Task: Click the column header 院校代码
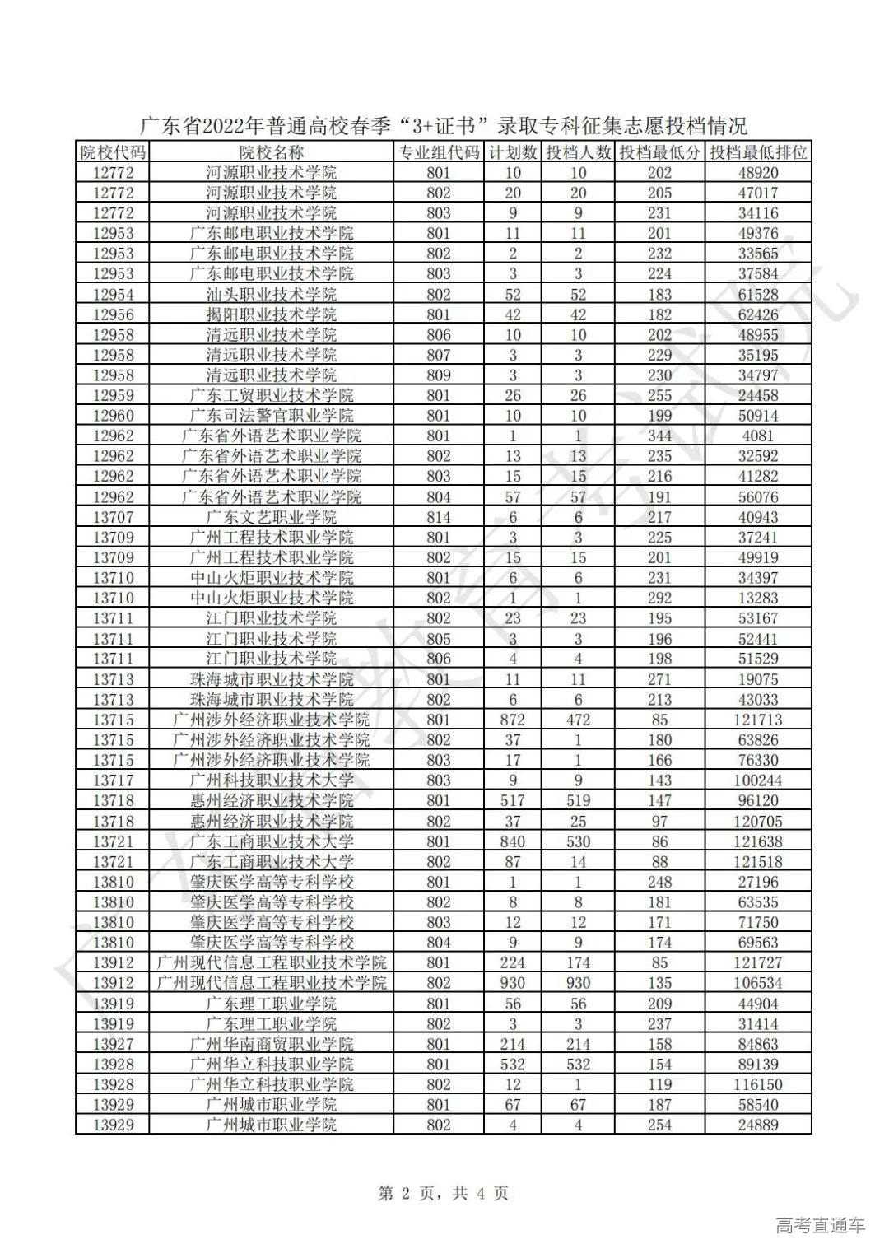tap(113, 152)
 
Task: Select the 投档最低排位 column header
tap(758, 152)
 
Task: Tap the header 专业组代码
tap(439, 152)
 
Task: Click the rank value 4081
tap(758, 436)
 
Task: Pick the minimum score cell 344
tap(659, 436)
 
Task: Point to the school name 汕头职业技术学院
tap(271, 294)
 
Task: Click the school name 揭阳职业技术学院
tap(271, 314)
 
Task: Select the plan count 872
tap(513, 720)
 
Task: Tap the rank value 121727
tap(758, 962)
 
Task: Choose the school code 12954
tap(113, 294)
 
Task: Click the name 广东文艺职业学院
tap(271, 517)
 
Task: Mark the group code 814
tap(439, 517)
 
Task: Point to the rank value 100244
tap(758, 780)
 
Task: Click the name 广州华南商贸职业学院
tap(271, 1044)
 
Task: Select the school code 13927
tap(113, 1044)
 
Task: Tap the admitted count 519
tap(578, 800)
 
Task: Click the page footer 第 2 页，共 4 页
tap(443, 1193)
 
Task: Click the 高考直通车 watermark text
tap(820, 1226)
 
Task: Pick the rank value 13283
tap(758, 598)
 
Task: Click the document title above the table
tap(444, 126)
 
